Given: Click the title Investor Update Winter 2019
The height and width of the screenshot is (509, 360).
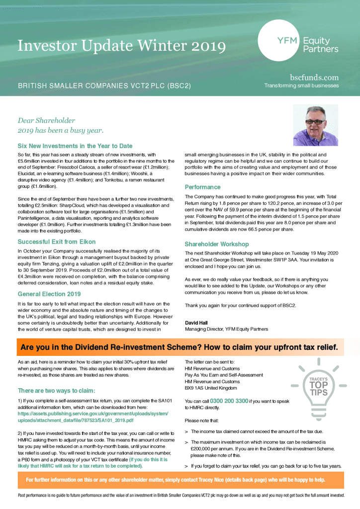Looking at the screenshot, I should [121, 46].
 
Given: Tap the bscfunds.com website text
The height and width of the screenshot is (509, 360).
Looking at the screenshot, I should [314, 77].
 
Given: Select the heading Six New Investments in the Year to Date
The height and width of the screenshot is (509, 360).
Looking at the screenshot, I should [75, 146].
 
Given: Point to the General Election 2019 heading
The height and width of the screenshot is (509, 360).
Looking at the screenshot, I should [49, 294].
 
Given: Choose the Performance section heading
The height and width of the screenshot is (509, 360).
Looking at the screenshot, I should [202, 187].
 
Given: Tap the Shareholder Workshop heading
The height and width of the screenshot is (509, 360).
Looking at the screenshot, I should [216, 244].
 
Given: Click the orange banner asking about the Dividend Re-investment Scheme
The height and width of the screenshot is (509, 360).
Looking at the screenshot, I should [180, 346].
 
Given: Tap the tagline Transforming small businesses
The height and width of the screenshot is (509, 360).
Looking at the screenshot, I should [301, 85].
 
